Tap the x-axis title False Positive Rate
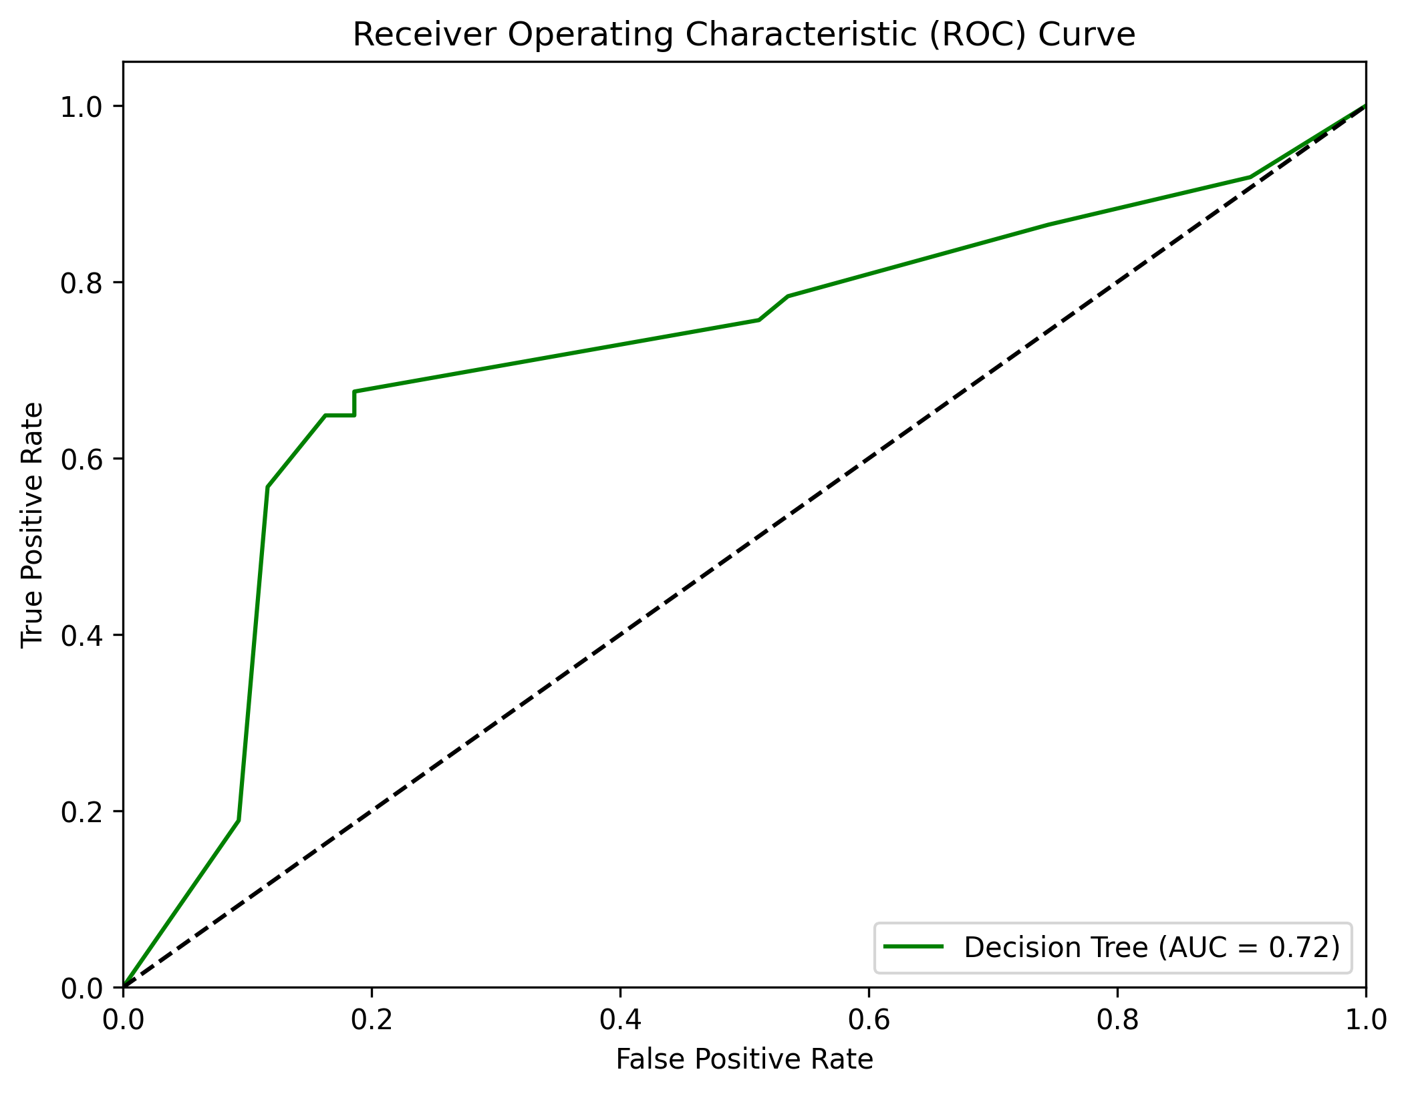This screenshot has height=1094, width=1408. (x=744, y=1059)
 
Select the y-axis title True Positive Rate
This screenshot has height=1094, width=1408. (x=32, y=524)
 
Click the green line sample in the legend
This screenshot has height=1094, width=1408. (x=913, y=946)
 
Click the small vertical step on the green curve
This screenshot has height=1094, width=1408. (x=354, y=403)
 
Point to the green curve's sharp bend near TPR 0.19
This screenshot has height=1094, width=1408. (x=239, y=820)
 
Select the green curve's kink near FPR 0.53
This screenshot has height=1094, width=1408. (x=789, y=296)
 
